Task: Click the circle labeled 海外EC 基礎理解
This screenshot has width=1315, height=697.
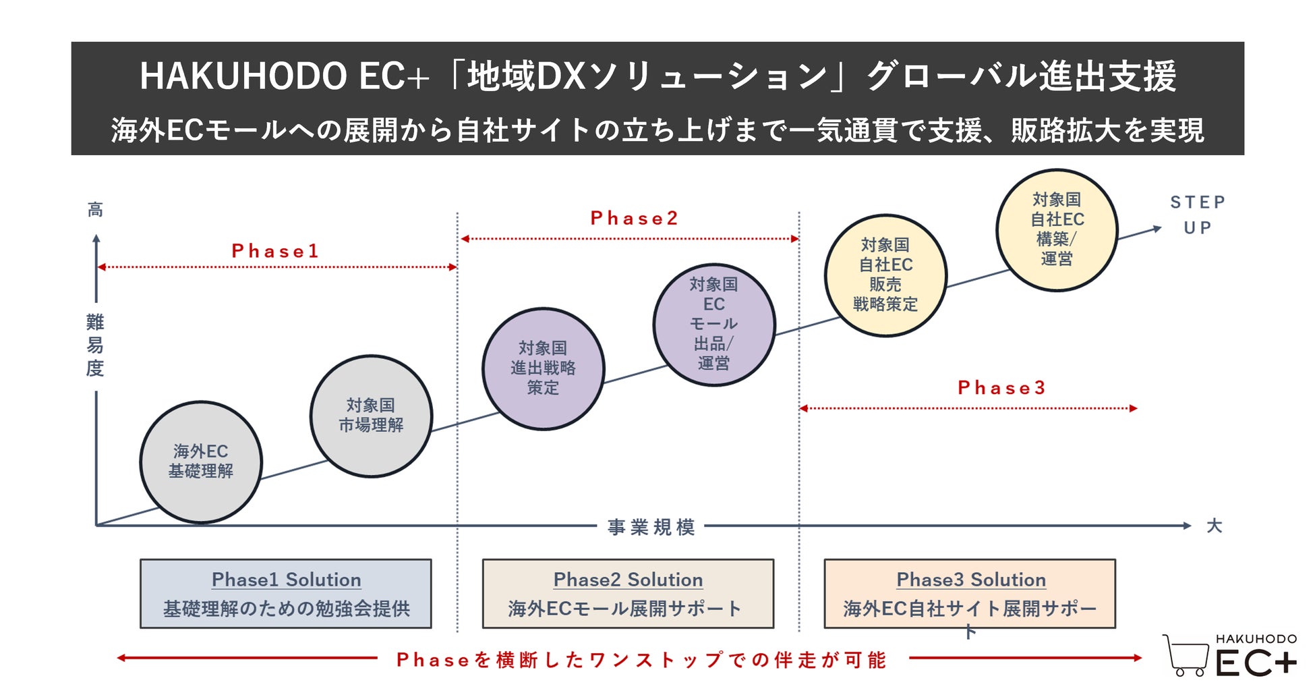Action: (201, 462)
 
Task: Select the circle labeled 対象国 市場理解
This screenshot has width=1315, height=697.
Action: (371, 416)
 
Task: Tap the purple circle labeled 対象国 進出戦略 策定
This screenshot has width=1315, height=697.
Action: (543, 368)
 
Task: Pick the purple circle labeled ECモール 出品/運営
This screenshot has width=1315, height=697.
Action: (713, 325)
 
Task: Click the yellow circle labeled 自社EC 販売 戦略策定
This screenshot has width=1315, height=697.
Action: (885, 275)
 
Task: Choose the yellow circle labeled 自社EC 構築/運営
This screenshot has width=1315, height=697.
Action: (1057, 230)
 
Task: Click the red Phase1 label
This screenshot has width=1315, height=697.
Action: (275, 251)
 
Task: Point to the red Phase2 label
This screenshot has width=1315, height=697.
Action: (634, 218)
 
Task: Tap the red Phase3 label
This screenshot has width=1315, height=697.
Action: (1001, 387)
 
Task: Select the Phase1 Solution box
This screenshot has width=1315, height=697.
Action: (286, 594)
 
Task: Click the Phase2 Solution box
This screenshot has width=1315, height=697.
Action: (628, 594)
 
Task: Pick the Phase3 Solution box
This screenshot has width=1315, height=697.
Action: (970, 594)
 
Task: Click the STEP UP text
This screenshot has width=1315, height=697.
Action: (1198, 215)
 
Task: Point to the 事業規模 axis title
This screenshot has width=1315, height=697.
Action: (651, 527)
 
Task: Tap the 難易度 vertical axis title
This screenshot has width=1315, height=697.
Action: (95, 345)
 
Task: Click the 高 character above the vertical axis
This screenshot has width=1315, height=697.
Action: (95, 210)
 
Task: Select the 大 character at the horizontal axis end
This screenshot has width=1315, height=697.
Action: (1214, 526)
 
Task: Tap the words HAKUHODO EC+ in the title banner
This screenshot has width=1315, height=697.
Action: (284, 76)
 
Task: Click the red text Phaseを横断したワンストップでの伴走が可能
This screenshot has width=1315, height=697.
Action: (641, 659)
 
